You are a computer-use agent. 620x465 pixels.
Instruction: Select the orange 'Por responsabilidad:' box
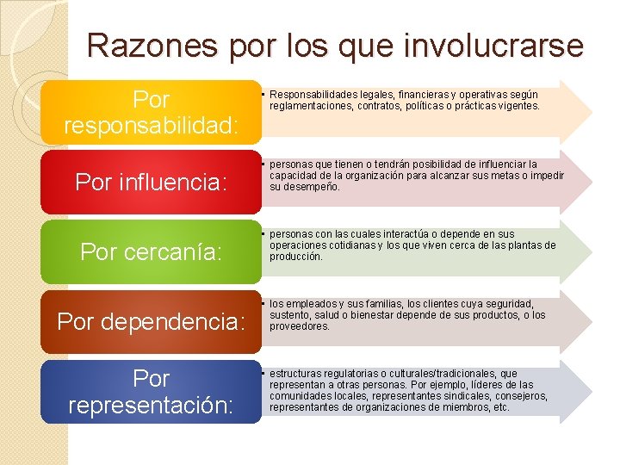(x=151, y=112)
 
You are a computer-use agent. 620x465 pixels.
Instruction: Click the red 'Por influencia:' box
(x=151, y=182)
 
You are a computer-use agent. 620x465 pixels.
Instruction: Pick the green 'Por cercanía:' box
(x=151, y=251)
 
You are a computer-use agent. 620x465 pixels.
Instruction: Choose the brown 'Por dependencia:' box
(x=151, y=321)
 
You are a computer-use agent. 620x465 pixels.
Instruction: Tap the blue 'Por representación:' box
(x=151, y=391)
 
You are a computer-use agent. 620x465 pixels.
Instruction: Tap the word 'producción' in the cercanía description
(x=296, y=257)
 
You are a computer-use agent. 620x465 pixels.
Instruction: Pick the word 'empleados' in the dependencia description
(x=309, y=304)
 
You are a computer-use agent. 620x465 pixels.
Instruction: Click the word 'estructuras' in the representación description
(x=295, y=374)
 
